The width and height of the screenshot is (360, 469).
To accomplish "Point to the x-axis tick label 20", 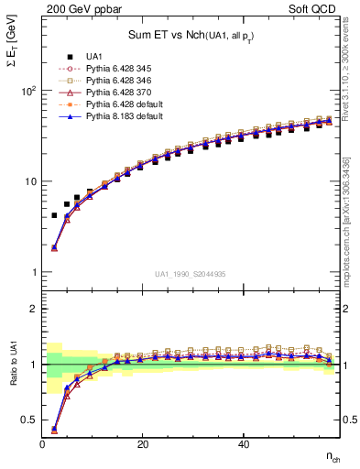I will point(142,444).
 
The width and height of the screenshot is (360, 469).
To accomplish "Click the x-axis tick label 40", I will point(243,444).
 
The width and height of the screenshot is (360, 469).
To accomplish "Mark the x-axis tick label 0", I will point(43,444).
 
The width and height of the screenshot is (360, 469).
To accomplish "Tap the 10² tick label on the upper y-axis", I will point(28,91).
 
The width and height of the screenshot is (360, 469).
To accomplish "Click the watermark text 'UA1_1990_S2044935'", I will point(191,274).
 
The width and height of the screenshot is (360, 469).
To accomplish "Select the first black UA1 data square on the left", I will point(54,215).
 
